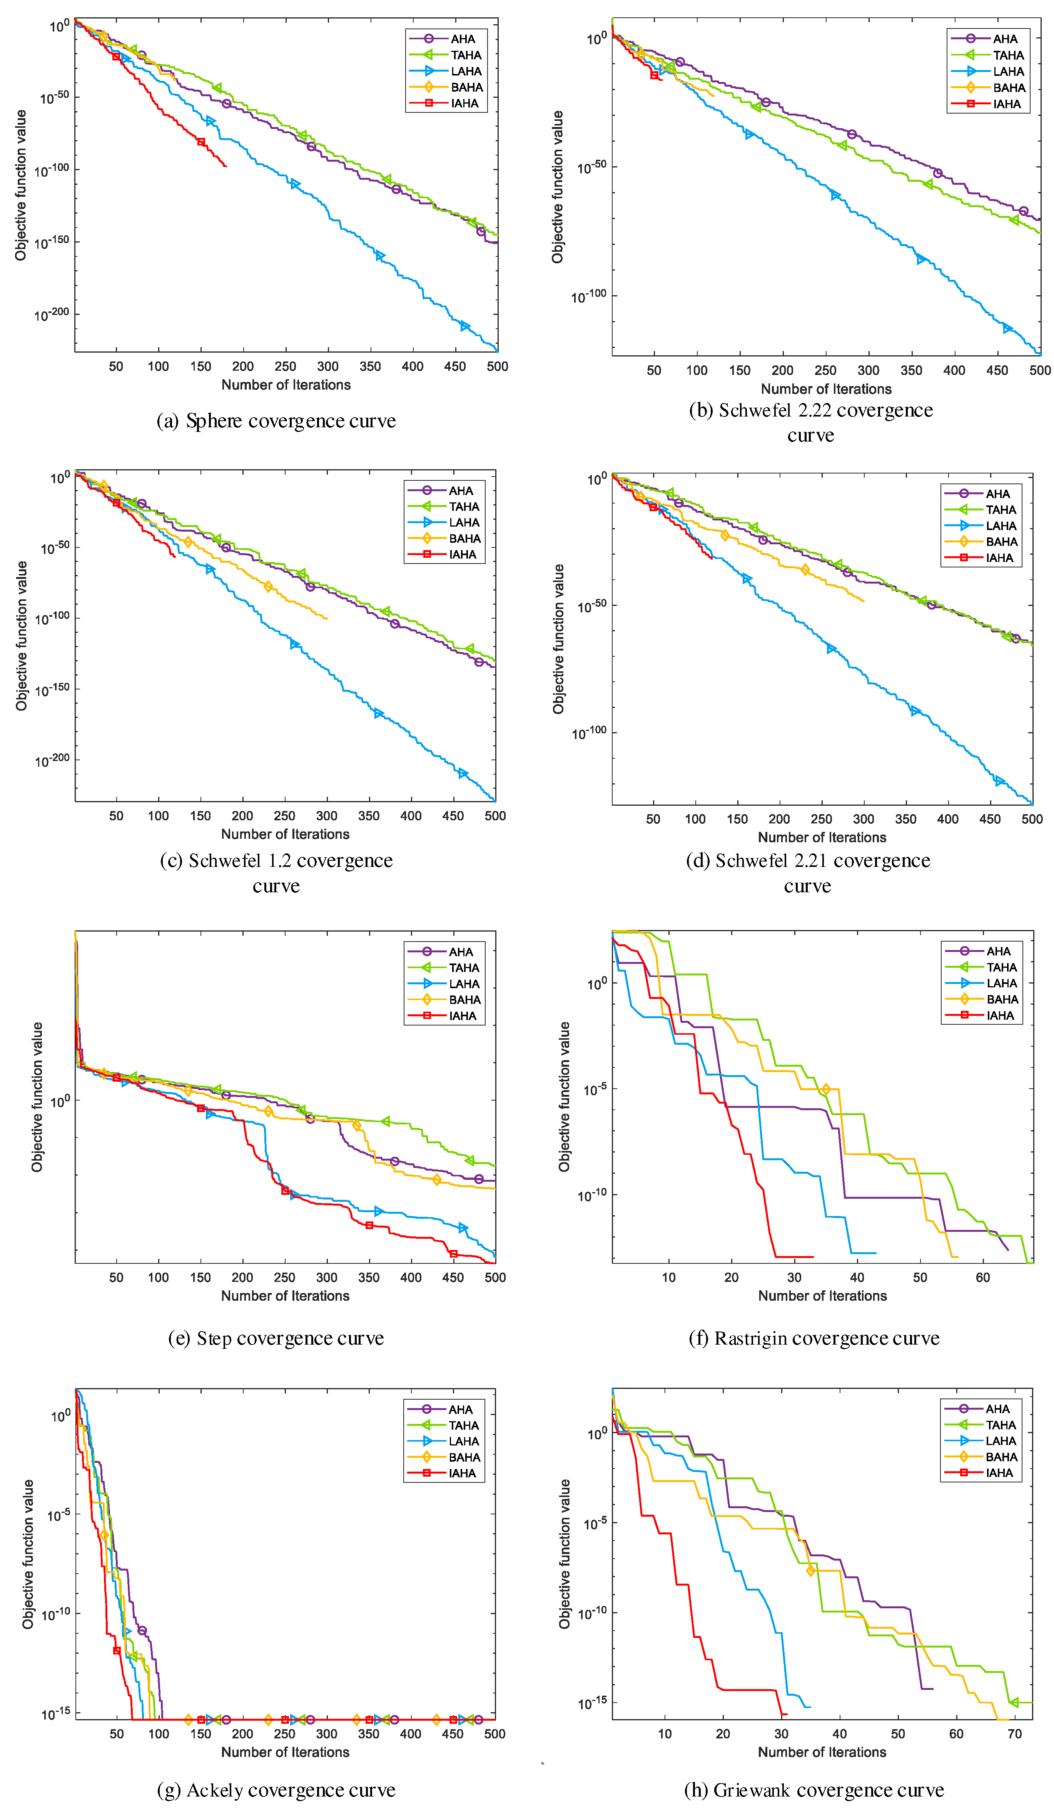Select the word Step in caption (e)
point(214,1338)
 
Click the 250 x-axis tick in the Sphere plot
point(285,366)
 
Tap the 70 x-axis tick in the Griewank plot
point(1014,1733)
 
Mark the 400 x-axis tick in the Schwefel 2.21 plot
point(948,819)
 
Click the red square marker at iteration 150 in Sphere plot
point(201,142)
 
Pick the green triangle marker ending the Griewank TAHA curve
point(1013,1702)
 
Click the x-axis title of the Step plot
point(285,1296)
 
